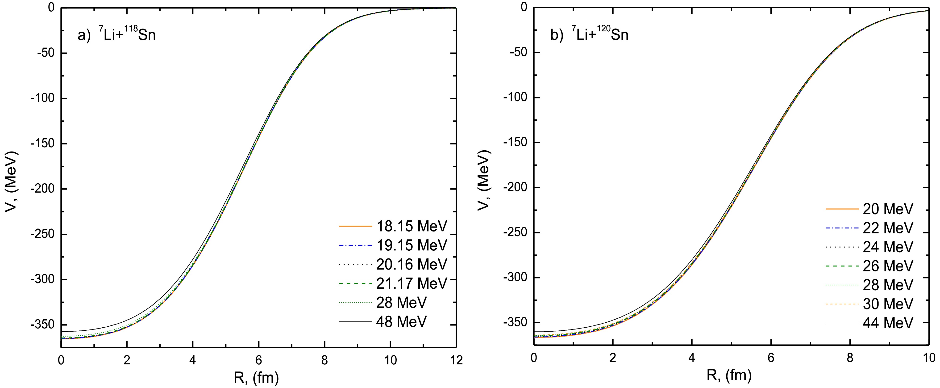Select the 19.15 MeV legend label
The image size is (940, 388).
[x=411, y=245]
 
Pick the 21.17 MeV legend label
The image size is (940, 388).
[x=411, y=283]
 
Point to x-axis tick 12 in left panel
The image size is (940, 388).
[x=456, y=360]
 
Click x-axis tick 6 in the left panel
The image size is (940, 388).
[x=258, y=360]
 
